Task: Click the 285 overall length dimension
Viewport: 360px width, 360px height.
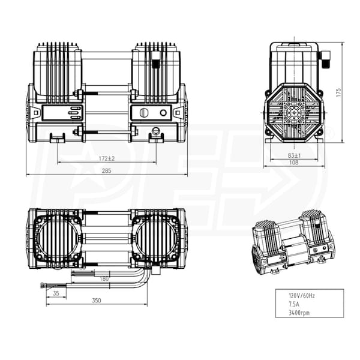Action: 107,171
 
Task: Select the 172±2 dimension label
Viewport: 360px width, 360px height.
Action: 107,158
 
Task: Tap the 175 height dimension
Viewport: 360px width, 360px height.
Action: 338,92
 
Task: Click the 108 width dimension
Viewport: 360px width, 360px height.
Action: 294,163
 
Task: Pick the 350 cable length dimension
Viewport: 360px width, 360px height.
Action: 96,300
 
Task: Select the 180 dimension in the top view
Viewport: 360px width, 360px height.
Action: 104,278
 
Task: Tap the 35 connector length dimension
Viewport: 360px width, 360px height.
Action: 56,293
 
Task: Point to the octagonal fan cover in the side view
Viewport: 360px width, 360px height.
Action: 294,112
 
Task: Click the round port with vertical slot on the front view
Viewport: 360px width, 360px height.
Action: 142,112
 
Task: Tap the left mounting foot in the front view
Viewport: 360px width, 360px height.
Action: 57,139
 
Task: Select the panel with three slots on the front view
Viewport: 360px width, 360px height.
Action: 73,112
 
